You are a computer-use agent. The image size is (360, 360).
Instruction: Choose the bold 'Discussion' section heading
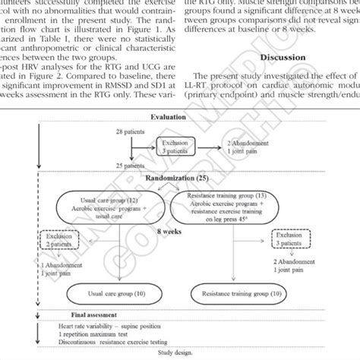point(282,57)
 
